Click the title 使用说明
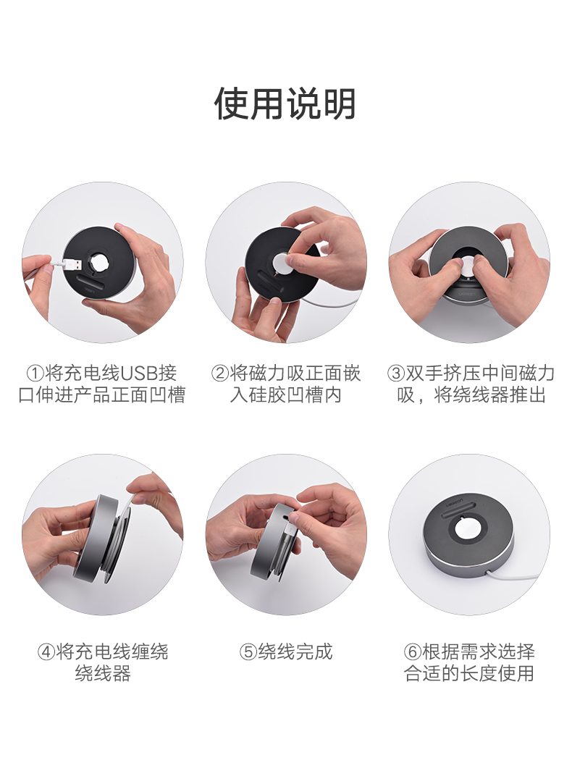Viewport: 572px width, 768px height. (285, 104)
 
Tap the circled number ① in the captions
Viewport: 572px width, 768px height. (35, 374)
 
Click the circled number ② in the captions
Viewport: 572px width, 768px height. (219, 374)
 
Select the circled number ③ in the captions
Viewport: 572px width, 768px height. (395, 374)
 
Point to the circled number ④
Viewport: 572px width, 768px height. (46, 651)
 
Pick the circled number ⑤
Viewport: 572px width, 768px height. (248, 651)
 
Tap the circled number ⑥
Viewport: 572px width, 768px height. (413, 651)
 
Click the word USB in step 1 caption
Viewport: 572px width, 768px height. (140, 374)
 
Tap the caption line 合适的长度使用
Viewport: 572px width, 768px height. (468, 674)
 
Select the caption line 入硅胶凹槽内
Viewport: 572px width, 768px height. (285, 396)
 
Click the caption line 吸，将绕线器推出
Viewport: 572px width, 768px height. (468, 396)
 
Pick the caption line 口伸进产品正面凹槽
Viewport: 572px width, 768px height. (102, 396)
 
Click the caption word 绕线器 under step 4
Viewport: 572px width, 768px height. (102, 674)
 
